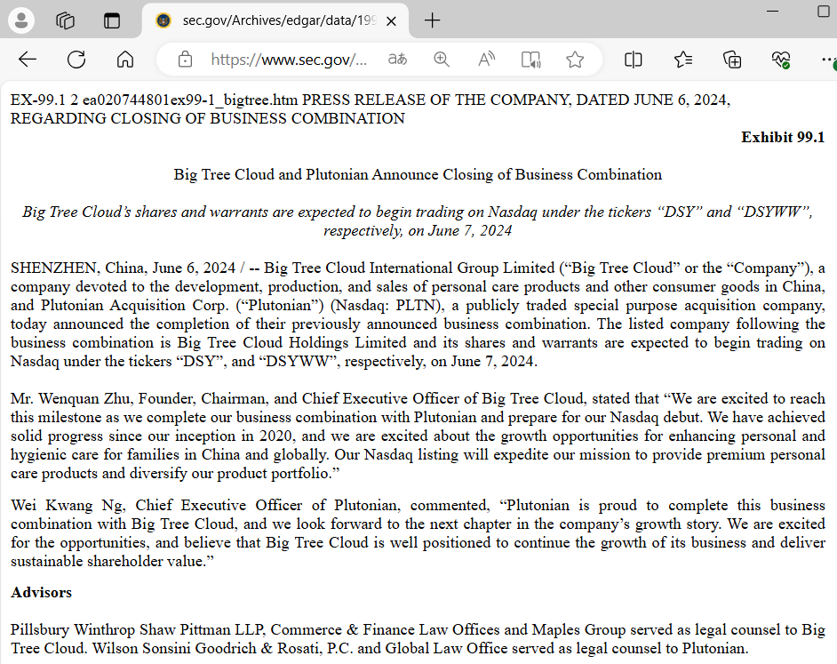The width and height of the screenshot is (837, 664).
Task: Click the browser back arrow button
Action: [28, 60]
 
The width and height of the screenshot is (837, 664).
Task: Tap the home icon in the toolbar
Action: [125, 60]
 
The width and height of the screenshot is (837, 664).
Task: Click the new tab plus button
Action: [433, 20]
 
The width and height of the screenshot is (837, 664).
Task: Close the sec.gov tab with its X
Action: [391, 20]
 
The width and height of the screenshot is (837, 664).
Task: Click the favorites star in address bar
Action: [575, 60]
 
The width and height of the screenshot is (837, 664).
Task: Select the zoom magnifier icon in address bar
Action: [442, 60]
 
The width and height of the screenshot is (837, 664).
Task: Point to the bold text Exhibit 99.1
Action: [783, 137]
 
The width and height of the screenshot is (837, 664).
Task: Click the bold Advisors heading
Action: [41, 592]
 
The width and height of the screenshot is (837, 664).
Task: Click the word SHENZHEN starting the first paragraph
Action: [53, 268]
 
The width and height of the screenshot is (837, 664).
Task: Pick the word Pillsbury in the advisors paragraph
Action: [40, 629]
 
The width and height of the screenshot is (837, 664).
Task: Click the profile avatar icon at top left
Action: [20, 20]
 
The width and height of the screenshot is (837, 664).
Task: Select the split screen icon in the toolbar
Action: [634, 60]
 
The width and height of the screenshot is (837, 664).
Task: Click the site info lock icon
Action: [185, 60]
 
